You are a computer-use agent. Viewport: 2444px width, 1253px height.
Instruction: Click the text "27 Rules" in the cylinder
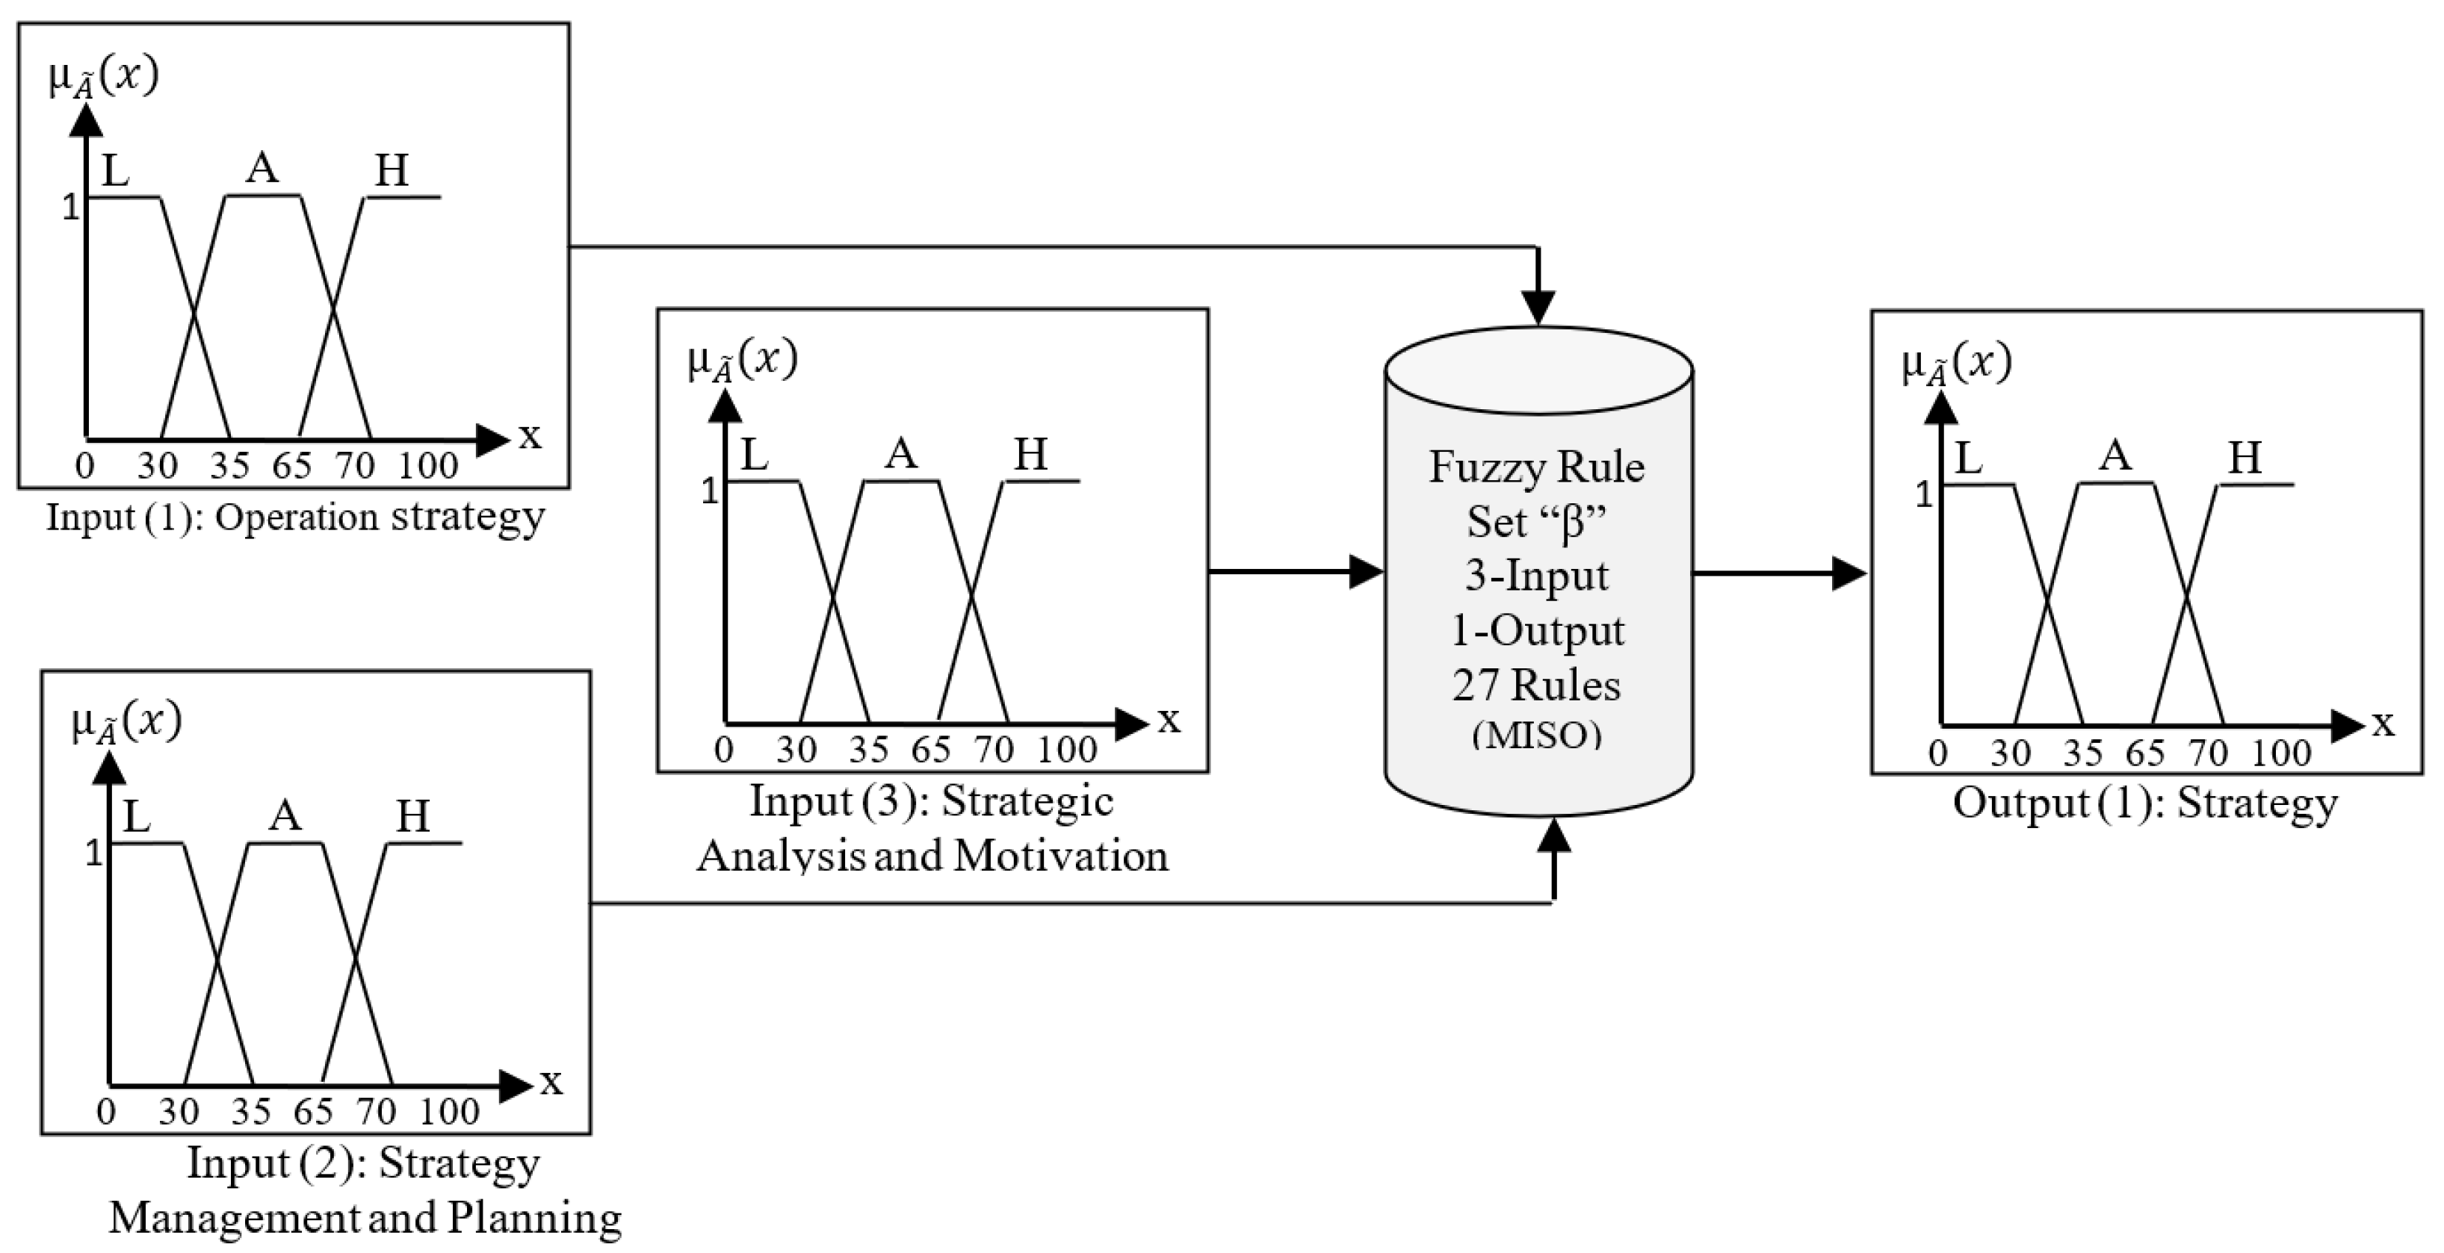point(1536,685)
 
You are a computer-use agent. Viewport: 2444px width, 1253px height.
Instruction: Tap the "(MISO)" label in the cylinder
point(1537,735)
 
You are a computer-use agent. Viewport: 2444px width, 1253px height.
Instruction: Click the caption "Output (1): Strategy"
point(2145,803)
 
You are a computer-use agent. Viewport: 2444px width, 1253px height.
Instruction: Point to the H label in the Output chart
point(2245,458)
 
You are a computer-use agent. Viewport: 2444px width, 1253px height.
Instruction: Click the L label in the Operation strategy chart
point(115,172)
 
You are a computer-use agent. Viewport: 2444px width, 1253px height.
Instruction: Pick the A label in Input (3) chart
point(900,454)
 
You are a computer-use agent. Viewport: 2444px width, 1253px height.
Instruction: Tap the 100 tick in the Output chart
point(2281,753)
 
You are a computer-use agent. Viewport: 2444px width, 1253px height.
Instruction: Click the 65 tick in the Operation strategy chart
point(291,466)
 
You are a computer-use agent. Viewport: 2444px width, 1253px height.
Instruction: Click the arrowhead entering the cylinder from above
point(1538,308)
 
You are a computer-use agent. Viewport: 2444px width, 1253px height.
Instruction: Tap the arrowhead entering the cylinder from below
point(1553,836)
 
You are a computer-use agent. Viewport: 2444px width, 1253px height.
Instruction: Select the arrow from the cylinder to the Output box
point(1779,573)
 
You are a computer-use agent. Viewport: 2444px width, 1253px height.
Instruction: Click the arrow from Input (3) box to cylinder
point(1295,572)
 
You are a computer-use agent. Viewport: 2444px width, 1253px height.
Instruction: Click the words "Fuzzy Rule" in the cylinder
point(1536,467)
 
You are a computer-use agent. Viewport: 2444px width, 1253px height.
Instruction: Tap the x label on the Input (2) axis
point(551,1081)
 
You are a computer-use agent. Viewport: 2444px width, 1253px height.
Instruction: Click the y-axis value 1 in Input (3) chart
point(709,491)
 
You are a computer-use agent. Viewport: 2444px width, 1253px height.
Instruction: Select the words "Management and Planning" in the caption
point(365,1218)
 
